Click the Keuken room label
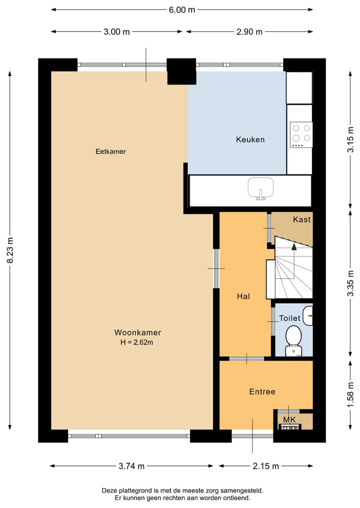(x=250, y=139)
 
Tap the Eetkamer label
(x=110, y=151)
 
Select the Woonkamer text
(x=137, y=332)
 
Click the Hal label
(x=243, y=296)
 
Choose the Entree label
(x=262, y=392)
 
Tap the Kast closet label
(x=301, y=219)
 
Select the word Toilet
(x=289, y=318)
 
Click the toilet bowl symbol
(x=293, y=336)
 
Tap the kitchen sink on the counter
(x=261, y=188)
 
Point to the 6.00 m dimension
(x=181, y=9)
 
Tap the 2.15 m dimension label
(x=265, y=466)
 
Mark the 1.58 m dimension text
(x=351, y=395)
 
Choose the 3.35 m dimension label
(x=351, y=284)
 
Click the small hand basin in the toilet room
(x=308, y=315)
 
